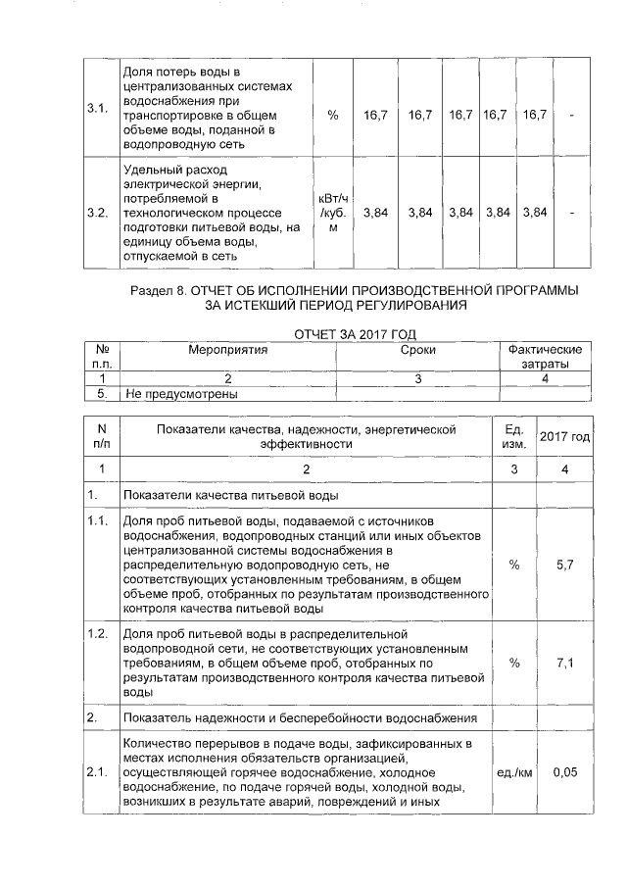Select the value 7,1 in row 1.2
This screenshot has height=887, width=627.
[563, 664]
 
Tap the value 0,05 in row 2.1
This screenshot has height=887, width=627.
[563, 773]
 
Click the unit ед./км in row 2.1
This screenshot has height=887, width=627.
[514, 773]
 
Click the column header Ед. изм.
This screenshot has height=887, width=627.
[514, 436]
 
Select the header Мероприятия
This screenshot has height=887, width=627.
[228, 350]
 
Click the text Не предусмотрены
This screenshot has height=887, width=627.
[183, 394]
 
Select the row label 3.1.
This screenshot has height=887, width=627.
[98, 108]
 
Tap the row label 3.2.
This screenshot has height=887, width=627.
[98, 213]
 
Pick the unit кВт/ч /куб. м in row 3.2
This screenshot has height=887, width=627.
[333, 213]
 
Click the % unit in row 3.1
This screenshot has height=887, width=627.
[333, 115]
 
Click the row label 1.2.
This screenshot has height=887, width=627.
[97, 633]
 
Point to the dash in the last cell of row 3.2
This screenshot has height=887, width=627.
[572, 213]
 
